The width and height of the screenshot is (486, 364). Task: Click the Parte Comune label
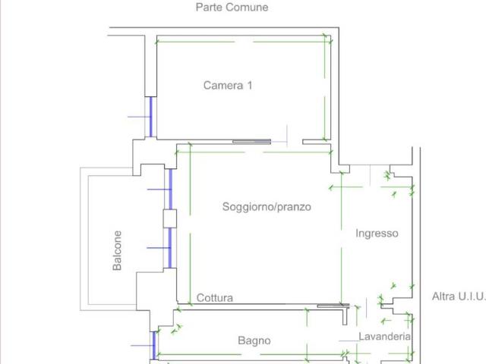232,7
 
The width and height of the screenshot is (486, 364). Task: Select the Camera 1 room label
228,86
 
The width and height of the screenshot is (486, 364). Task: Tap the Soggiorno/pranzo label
267,207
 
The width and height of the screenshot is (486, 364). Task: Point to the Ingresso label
377,234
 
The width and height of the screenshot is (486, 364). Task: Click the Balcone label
117,250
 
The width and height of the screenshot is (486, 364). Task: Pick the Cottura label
215,298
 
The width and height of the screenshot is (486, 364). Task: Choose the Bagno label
254,340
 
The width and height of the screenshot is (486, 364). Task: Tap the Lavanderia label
385,337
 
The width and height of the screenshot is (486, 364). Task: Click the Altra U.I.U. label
459,297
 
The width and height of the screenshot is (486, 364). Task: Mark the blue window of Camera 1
151,117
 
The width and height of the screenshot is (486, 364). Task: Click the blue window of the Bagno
154,346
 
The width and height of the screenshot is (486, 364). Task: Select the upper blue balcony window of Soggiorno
170,189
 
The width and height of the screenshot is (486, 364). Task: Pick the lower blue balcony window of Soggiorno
170,248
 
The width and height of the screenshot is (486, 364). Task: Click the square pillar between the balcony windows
170,219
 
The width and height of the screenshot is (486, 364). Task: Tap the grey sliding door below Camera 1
251,142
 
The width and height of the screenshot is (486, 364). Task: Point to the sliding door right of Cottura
333,306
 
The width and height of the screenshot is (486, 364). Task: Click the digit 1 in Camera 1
250,86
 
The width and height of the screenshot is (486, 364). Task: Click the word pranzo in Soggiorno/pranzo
294,207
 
